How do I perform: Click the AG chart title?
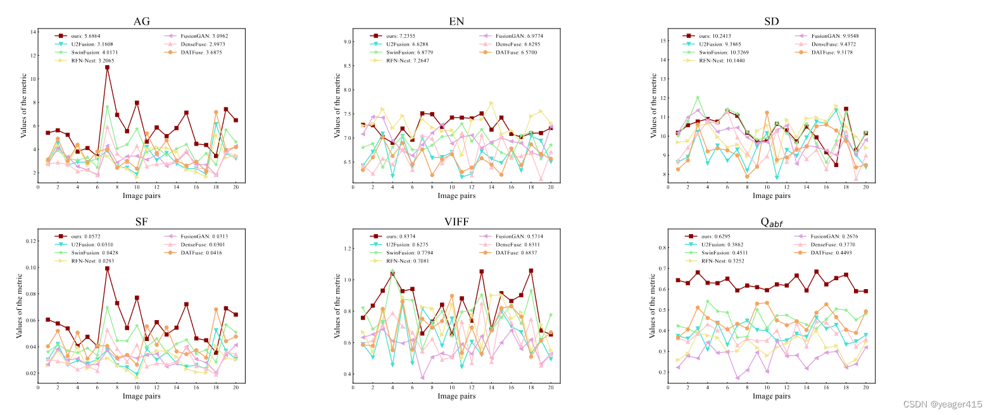pyautogui.click(x=141, y=22)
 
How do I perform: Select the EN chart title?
pyautogui.click(x=456, y=22)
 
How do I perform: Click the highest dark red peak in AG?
pyautogui.click(x=108, y=67)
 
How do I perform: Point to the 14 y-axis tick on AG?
pyautogui.click(x=33, y=32)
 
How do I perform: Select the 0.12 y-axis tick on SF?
pyautogui.click(x=29, y=240)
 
